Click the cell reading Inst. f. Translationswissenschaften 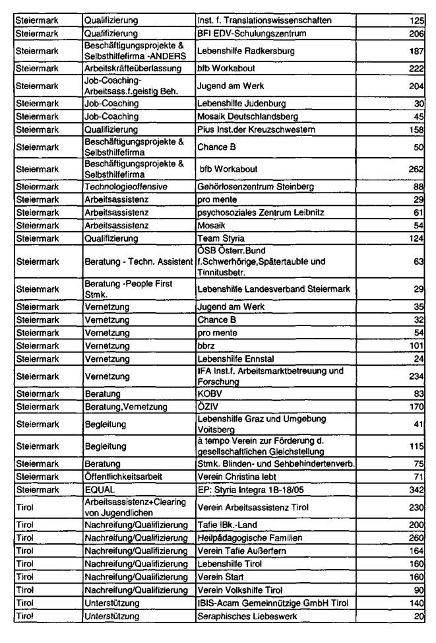(x=261, y=20)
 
